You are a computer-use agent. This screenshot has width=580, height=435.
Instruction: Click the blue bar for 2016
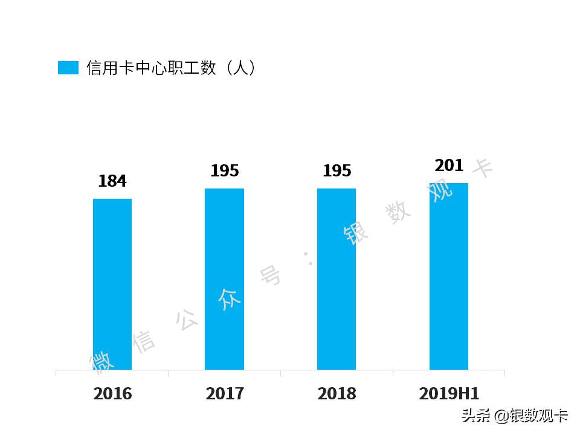[x=112, y=284]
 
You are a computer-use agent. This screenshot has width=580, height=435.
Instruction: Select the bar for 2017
[x=224, y=279]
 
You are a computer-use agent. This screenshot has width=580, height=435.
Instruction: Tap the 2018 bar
[x=337, y=279]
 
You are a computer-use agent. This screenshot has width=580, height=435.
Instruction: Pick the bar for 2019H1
[x=449, y=276]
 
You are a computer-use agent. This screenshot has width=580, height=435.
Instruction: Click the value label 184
[x=112, y=181]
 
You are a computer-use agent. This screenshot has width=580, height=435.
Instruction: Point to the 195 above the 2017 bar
[x=225, y=171]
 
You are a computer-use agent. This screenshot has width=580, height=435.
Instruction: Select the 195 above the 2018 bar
[x=337, y=171]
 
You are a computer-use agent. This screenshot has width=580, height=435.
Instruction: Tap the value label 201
[x=449, y=166]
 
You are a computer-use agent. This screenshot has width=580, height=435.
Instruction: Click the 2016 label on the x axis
[x=112, y=394]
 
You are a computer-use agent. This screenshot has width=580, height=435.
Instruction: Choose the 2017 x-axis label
[x=225, y=394]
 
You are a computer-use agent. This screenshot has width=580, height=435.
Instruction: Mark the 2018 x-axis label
[x=337, y=394]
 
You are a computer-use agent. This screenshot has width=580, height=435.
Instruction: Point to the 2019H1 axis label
[x=449, y=394]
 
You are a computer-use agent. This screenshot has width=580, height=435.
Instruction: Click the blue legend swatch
[x=68, y=68]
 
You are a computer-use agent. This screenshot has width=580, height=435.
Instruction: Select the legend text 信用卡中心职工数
[x=151, y=68]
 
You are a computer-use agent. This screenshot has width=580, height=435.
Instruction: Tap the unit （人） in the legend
[x=239, y=68]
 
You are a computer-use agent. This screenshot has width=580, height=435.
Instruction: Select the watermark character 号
[x=271, y=275]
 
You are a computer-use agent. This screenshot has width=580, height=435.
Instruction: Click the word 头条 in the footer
[x=475, y=416]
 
